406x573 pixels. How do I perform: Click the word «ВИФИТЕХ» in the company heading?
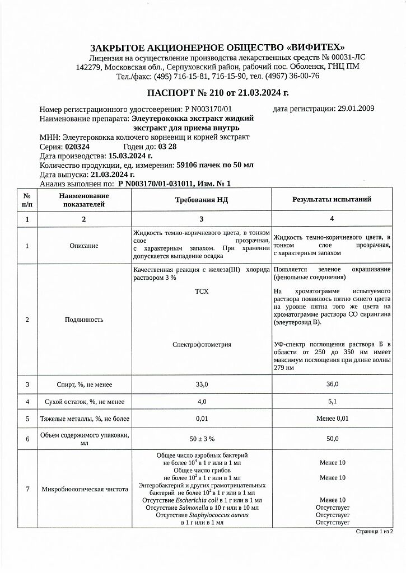pyautogui.click(x=314, y=47)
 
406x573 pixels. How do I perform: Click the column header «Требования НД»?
pyautogui.click(x=202, y=199)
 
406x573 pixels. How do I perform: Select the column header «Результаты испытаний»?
pyautogui.click(x=332, y=199)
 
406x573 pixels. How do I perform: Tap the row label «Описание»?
pyautogui.click(x=84, y=246)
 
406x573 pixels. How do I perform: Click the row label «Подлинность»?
pyautogui.click(x=84, y=320)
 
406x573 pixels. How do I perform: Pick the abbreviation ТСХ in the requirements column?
pyautogui.click(x=202, y=292)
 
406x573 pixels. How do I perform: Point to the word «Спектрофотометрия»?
pyautogui.click(x=202, y=345)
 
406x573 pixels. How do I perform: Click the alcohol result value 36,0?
pyautogui.click(x=332, y=384)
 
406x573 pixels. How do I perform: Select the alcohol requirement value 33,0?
pyautogui.click(x=202, y=384)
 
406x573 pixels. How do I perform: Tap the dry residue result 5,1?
pyautogui.click(x=332, y=401)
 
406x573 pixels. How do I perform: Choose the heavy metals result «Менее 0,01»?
pyautogui.click(x=332, y=419)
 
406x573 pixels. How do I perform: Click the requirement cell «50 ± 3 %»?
pyautogui.click(x=202, y=439)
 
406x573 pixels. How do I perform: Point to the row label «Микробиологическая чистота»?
pyautogui.click(x=85, y=489)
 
